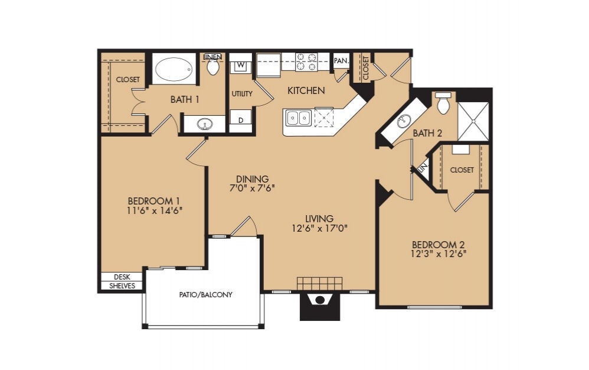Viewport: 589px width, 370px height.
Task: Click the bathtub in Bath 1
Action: tap(174, 70)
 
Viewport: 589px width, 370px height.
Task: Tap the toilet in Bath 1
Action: tap(213, 67)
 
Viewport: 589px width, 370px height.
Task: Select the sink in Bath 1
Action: tap(205, 124)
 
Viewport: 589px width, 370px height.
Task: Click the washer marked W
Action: tap(240, 65)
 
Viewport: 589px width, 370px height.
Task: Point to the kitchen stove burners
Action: tap(306, 62)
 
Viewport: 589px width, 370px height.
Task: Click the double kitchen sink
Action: tap(298, 118)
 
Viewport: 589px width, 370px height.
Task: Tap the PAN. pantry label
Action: tap(341, 60)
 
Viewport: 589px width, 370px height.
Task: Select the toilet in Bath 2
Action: tap(443, 103)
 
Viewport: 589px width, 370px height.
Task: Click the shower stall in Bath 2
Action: tap(473, 122)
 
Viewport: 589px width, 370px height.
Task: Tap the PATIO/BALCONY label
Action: tap(206, 294)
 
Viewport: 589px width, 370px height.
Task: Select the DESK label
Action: tap(122, 277)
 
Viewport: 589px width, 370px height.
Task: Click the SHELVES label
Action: tap(122, 286)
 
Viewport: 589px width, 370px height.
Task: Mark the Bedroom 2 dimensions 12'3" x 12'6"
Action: tap(434, 254)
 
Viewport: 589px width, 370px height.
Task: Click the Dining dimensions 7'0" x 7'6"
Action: tap(252, 189)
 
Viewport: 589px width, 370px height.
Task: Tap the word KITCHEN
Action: tap(306, 90)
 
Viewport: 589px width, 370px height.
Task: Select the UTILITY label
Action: tap(242, 94)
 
